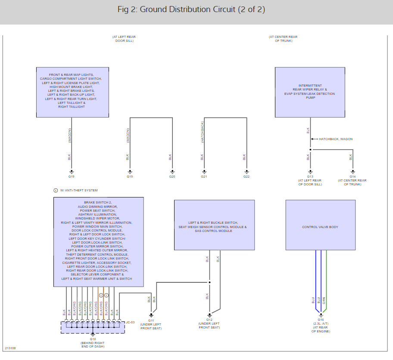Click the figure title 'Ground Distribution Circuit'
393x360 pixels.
click(x=191, y=9)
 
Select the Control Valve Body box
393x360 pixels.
click(x=320, y=225)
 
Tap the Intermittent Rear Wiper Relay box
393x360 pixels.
click(x=309, y=92)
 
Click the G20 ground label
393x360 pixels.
click(x=172, y=176)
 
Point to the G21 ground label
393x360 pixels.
click(x=204, y=176)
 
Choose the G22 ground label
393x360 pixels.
click(x=246, y=176)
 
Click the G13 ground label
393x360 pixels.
click(x=310, y=176)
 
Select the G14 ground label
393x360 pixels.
click(x=352, y=176)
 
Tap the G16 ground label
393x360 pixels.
click(x=321, y=319)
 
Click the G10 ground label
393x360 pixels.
click(x=93, y=339)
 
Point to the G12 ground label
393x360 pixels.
click(x=209, y=319)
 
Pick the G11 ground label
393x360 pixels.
click(x=151, y=321)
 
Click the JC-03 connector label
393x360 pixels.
click(x=130, y=322)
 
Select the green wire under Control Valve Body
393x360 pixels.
click(x=326, y=280)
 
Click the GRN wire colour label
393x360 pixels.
click(x=324, y=301)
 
